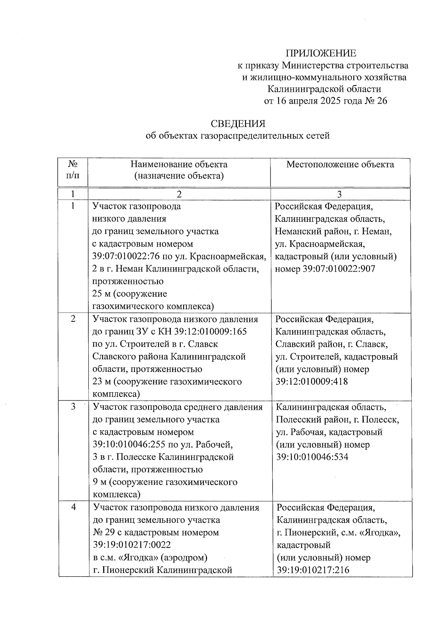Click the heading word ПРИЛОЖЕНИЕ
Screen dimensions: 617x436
tap(320, 53)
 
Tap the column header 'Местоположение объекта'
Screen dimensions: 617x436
tap(340, 164)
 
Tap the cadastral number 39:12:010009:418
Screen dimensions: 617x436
tap(311, 381)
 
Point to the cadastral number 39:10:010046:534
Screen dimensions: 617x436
tap(312, 457)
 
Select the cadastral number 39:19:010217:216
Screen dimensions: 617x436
tap(313, 569)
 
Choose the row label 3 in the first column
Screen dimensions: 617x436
tap(73, 406)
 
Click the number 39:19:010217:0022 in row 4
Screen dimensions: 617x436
tap(132, 545)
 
